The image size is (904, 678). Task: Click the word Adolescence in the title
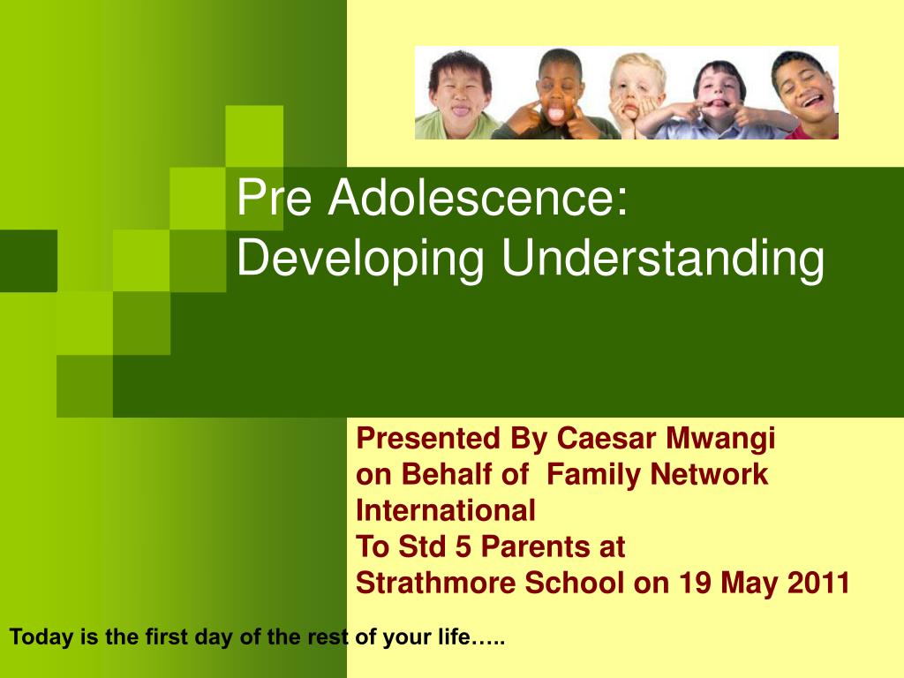(478, 197)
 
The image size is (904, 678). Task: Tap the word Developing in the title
(360, 259)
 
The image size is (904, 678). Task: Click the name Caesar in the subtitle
(606, 438)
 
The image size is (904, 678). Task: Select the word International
(446, 510)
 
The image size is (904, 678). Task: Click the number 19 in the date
(695, 583)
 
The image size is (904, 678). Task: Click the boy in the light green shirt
(456, 95)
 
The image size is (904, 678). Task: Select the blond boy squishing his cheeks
(634, 95)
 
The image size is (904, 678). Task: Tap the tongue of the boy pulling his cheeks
(555, 114)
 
